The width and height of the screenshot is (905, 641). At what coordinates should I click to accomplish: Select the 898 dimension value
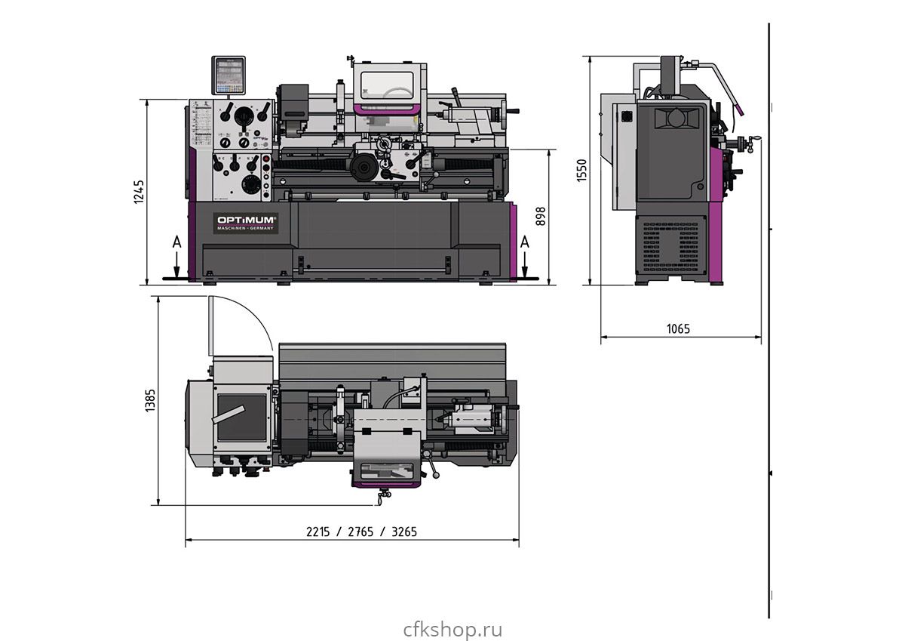click(540, 216)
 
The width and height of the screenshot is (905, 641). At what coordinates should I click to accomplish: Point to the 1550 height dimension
click(581, 170)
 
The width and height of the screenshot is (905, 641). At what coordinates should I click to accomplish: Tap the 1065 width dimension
click(678, 328)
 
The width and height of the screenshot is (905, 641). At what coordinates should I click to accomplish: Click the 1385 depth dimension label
click(149, 400)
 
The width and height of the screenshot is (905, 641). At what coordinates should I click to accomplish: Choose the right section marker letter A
click(525, 242)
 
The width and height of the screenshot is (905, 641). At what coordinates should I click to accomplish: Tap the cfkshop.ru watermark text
click(452, 629)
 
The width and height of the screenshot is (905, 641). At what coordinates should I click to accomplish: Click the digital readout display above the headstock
click(229, 76)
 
